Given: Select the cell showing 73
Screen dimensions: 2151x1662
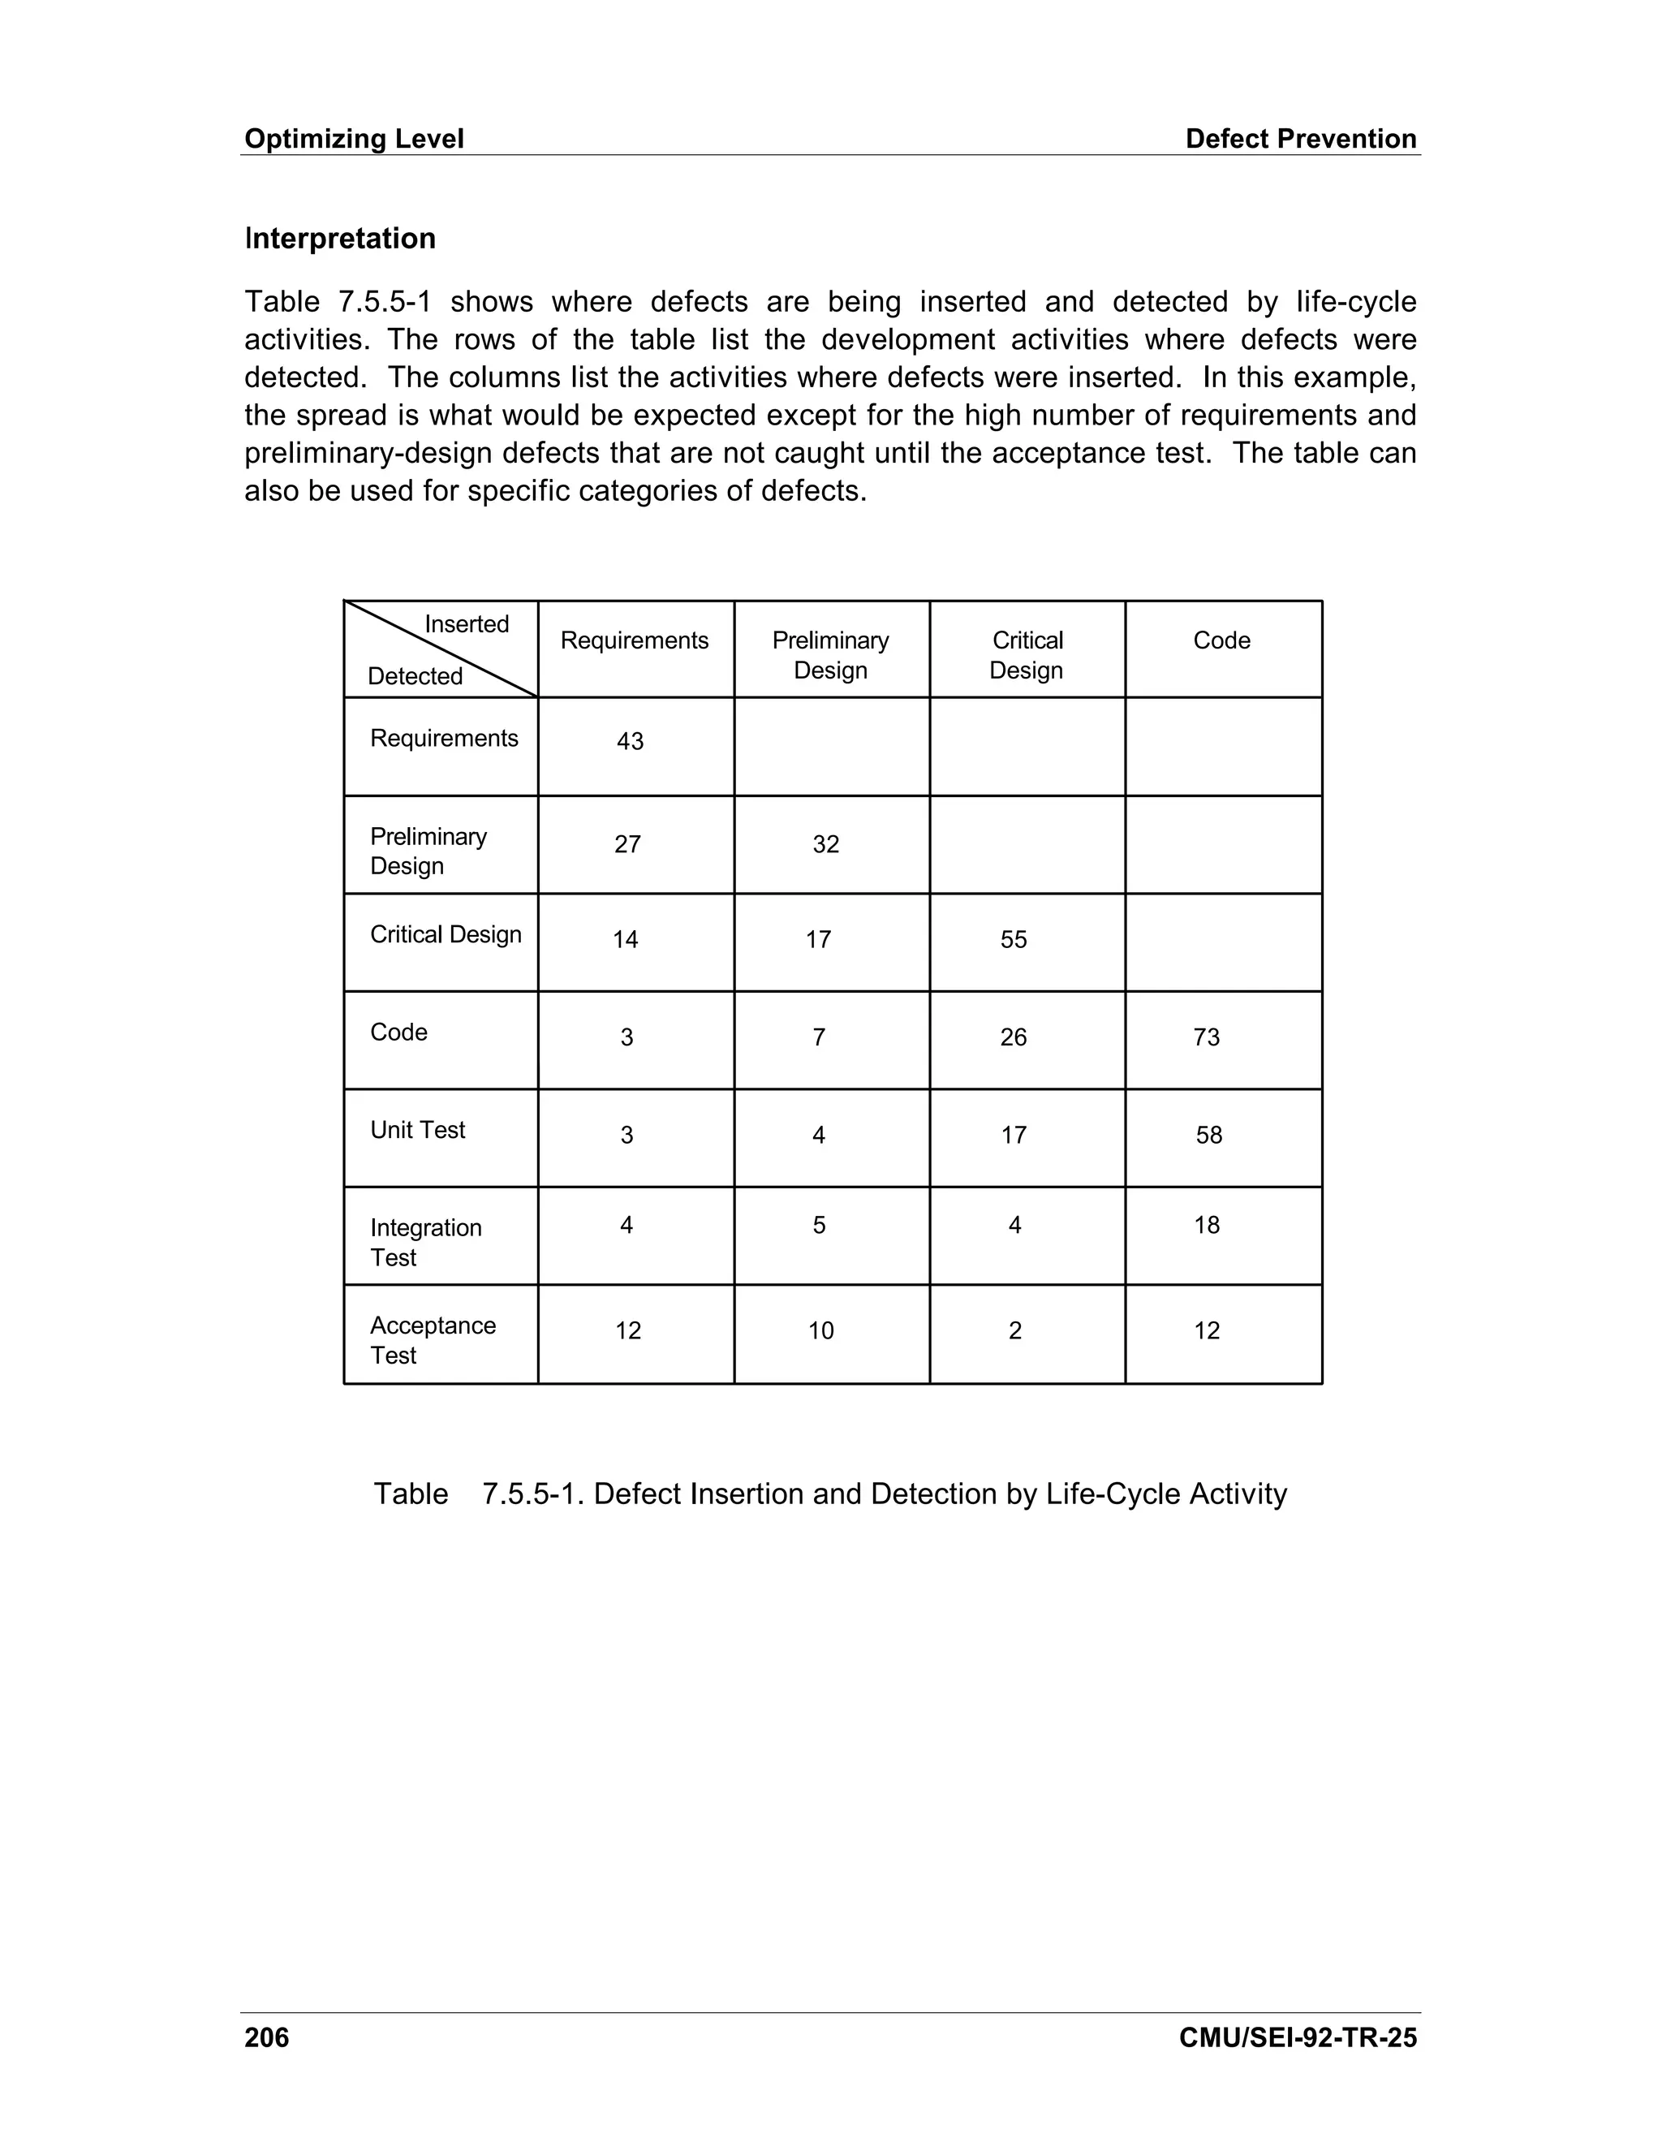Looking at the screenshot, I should click(1206, 1037).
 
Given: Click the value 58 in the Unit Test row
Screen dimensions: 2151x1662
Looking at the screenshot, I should click(1208, 1135).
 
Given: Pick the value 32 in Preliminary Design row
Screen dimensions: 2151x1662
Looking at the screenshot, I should click(825, 844).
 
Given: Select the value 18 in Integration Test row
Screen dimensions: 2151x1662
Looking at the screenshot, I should click(1206, 1225).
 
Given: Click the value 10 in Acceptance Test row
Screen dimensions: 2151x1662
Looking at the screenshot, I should click(820, 1330).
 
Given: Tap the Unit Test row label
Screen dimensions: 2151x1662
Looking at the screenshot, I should click(417, 1130).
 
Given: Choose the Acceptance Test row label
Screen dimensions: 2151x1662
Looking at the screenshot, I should click(433, 1339).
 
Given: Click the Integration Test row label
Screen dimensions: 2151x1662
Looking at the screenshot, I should click(425, 1242).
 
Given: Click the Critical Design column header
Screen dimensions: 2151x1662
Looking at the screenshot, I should click(1026, 655).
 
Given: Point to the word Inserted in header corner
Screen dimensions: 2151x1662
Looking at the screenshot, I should click(466, 624).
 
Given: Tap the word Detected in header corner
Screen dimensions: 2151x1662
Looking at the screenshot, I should click(415, 677).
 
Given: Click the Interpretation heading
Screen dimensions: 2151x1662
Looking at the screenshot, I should click(340, 239).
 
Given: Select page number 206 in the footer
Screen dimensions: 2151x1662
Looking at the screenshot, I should click(267, 2037).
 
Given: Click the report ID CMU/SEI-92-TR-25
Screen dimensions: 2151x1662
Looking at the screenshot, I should click(1297, 2037).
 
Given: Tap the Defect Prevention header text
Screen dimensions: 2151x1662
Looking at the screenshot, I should click(1300, 139).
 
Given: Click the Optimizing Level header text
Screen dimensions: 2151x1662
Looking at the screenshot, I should click(354, 139).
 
